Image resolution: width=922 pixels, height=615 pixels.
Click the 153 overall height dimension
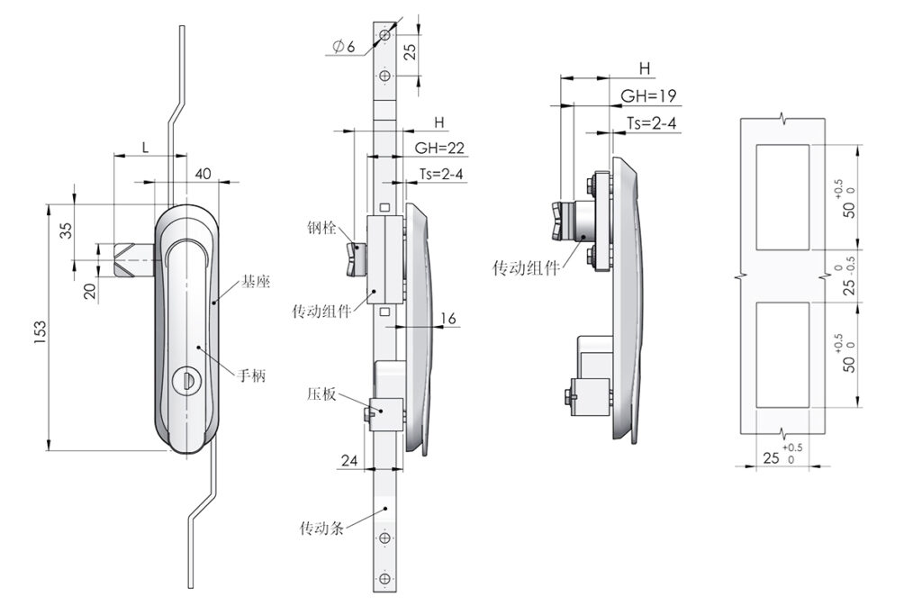[x=40, y=332]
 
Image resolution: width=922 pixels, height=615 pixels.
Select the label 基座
[x=255, y=282]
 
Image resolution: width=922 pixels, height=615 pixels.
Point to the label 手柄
[x=252, y=375]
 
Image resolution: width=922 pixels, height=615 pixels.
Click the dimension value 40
[x=203, y=174]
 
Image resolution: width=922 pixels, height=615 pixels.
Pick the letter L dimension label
[x=145, y=148]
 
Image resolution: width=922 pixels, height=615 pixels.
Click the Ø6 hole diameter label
[x=344, y=47]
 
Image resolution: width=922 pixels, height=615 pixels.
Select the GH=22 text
[x=439, y=149]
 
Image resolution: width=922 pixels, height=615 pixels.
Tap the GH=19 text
[x=648, y=95]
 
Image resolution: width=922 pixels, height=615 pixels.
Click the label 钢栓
[x=321, y=228]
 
